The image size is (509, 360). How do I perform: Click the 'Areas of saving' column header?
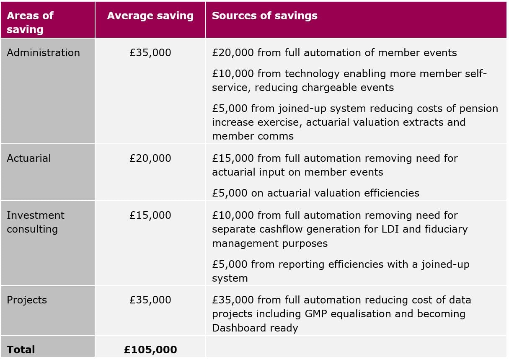[x=30, y=23]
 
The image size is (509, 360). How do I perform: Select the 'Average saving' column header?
[x=150, y=16]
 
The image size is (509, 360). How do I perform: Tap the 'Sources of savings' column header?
[x=264, y=16]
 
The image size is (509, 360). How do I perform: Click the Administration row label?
[x=43, y=53]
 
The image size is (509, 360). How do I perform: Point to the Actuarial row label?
[x=28, y=158]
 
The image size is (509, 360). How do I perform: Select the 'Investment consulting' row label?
[x=36, y=222]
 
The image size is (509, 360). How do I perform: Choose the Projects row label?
[x=27, y=300]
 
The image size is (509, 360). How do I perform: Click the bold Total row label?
[x=21, y=350]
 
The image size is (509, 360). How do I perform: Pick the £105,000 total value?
[x=150, y=350]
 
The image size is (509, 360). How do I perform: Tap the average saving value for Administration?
[x=150, y=53]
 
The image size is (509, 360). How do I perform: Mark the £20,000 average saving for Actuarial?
[x=150, y=158]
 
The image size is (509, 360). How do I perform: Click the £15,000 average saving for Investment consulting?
[x=150, y=215]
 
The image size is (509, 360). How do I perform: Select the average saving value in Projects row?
[x=150, y=300]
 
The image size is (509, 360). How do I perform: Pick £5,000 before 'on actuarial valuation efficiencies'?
[x=230, y=193]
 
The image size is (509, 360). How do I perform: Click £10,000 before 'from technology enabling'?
[x=233, y=74]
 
